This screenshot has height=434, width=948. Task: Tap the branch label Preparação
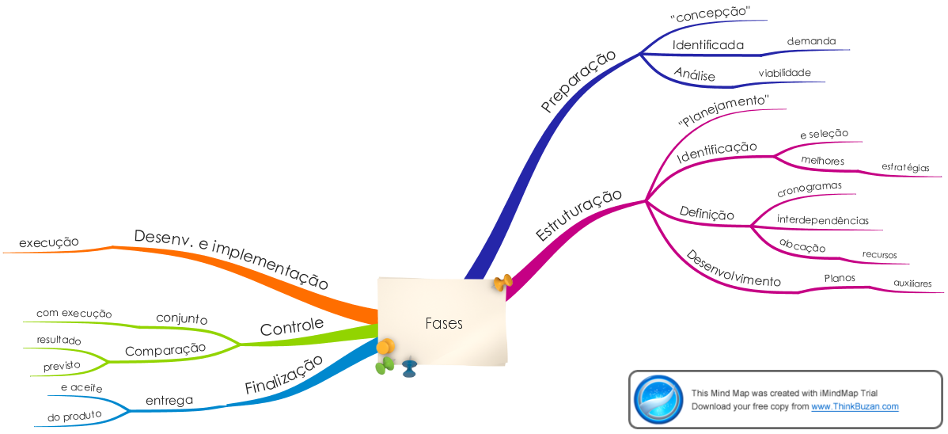coord(578,82)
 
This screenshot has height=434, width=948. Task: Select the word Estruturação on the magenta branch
coord(579,215)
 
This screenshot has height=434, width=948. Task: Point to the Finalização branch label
coord(283,376)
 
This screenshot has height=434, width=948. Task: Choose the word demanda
coord(811,41)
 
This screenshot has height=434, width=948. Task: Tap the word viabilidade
coord(785,73)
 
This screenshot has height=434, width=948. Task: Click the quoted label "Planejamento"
coord(723,112)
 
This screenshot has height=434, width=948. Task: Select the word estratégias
coord(905,168)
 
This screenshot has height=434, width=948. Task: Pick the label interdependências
coord(823,219)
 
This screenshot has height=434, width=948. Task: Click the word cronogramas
coord(810,189)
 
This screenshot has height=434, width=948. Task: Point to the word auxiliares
coord(912,284)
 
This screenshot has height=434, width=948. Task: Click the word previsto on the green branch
coord(62,366)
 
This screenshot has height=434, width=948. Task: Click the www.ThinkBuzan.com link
coord(855,407)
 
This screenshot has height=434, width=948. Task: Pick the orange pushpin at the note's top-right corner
coord(502,281)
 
